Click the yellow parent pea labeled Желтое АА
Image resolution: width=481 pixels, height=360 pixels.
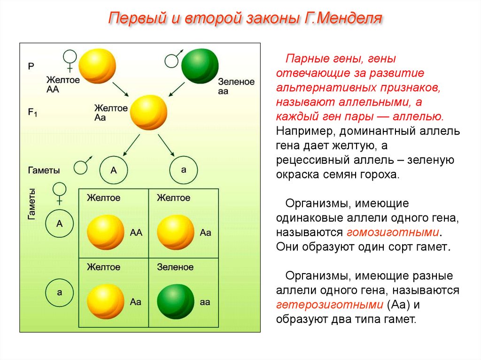coord(97,66)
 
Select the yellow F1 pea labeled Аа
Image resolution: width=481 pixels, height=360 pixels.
coord(148,113)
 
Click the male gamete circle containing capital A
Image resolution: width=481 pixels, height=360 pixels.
coord(114,169)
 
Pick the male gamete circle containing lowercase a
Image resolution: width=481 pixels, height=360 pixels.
coord(183,169)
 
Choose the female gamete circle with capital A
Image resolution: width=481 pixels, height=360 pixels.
coord(60,223)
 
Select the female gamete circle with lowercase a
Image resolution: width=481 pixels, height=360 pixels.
coord(60,292)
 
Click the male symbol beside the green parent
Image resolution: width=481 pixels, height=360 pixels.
coord(172,60)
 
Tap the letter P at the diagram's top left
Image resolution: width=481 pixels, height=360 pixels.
coord(31,67)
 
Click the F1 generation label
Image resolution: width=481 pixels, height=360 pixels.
coord(32,113)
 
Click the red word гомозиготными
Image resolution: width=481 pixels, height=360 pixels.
coord(394,232)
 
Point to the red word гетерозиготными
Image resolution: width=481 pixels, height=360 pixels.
coord(329,305)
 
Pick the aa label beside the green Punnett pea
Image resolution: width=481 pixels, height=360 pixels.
coord(205,302)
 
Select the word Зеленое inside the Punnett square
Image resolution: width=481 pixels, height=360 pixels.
coord(175,267)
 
